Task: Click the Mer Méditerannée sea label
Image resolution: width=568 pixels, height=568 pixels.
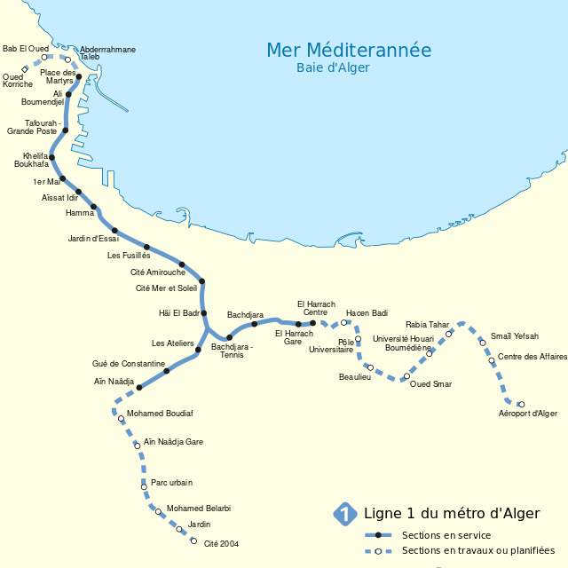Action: coord(349,51)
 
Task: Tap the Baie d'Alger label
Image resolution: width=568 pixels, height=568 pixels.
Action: coord(333,68)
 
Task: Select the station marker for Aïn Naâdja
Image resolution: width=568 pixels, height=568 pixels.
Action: coord(139,388)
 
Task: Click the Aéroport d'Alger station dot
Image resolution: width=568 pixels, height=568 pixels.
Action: coord(521,405)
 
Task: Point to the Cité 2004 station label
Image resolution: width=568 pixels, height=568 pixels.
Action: coord(221,544)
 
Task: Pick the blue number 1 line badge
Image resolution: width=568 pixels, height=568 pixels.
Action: coord(343,514)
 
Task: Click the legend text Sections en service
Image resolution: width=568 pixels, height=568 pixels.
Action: coord(446,535)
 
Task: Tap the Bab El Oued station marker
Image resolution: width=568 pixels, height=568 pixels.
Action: coord(44,58)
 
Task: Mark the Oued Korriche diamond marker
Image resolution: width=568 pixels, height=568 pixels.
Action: coord(25,69)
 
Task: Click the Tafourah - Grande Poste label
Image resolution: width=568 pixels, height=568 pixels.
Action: coord(32,127)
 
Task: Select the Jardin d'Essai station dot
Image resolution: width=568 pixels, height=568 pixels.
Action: coord(115,231)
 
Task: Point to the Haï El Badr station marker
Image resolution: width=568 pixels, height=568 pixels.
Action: coord(204,313)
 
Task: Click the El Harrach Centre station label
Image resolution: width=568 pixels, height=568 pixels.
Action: coord(316,308)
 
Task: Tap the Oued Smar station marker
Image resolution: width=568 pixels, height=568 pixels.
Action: coord(406,376)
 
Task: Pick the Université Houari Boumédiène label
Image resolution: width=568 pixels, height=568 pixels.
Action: coord(403,343)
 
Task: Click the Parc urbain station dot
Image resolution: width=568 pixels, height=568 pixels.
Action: coord(144,486)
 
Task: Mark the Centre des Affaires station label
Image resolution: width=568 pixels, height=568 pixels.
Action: coord(532,357)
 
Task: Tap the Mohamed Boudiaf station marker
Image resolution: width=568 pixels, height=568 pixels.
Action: coord(122,419)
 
